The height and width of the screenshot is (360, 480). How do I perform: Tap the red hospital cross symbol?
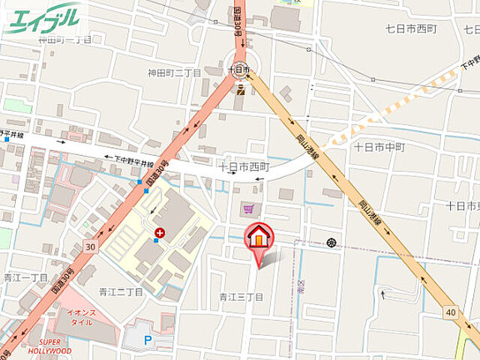pyautogui.click(x=158, y=234)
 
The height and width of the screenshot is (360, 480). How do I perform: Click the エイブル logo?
pyautogui.click(x=43, y=18)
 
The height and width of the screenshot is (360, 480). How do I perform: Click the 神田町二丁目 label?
pyautogui.click(x=174, y=73)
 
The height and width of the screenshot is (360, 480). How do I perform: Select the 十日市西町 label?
pyautogui.click(x=243, y=166)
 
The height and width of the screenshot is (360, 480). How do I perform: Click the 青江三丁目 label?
pyautogui.click(x=241, y=297)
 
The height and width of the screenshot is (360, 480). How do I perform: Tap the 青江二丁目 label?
pyautogui.click(x=121, y=291)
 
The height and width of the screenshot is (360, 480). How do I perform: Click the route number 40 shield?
pyautogui.click(x=449, y=311)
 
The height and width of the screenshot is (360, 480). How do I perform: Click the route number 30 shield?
pyautogui.click(x=90, y=246)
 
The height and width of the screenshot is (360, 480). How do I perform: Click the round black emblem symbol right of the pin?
pyautogui.click(x=331, y=242)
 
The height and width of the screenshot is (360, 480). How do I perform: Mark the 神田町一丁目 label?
pyautogui.click(x=64, y=39)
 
